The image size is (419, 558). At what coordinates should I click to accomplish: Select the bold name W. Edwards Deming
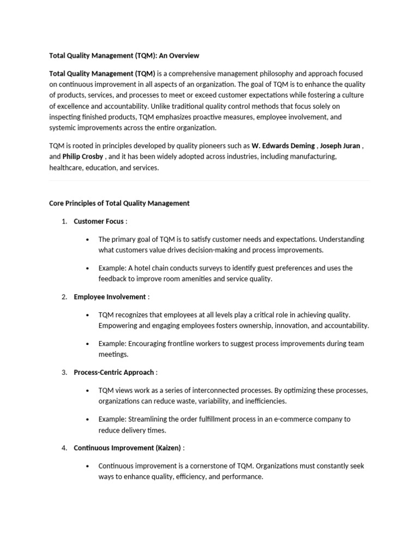(x=283, y=146)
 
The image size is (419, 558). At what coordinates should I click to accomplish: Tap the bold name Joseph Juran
(x=340, y=146)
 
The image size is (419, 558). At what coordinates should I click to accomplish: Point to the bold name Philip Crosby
(x=83, y=157)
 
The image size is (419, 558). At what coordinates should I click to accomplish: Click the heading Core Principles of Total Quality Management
(x=119, y=203)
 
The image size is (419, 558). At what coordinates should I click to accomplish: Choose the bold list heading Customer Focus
(x=99, y=221)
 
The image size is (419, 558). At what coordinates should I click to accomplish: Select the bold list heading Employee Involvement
(x=110, y=297)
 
